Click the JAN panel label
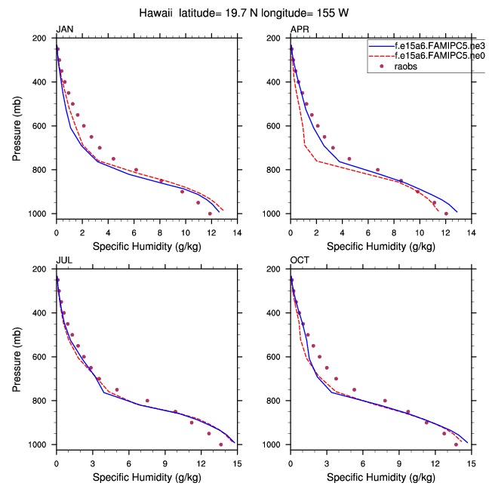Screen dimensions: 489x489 [65, 29]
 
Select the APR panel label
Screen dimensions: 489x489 [300, 29]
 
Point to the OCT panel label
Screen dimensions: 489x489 [300, 260]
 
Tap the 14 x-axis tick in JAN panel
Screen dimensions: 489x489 [237, 233]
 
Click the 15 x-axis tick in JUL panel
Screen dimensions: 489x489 [237, 464]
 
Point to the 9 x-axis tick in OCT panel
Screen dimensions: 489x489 [399, 464]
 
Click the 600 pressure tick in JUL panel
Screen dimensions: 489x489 [44, 357]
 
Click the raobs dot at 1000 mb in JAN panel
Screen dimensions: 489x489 [210, 214]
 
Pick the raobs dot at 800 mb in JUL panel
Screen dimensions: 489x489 [147, 401]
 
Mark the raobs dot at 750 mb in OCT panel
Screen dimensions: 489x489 [354, 389]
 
